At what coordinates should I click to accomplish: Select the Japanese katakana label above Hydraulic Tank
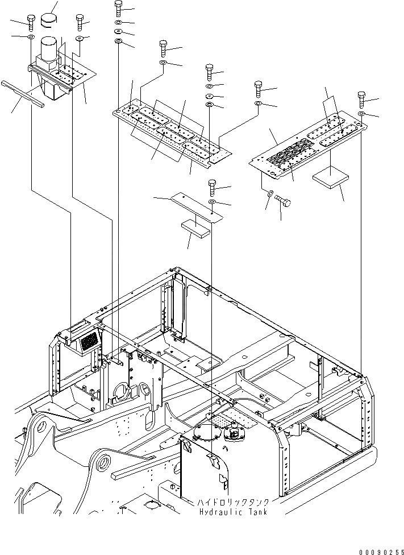point(233,503)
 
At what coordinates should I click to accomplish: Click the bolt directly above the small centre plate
point(212,186)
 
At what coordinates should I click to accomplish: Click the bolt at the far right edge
point(361,99)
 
